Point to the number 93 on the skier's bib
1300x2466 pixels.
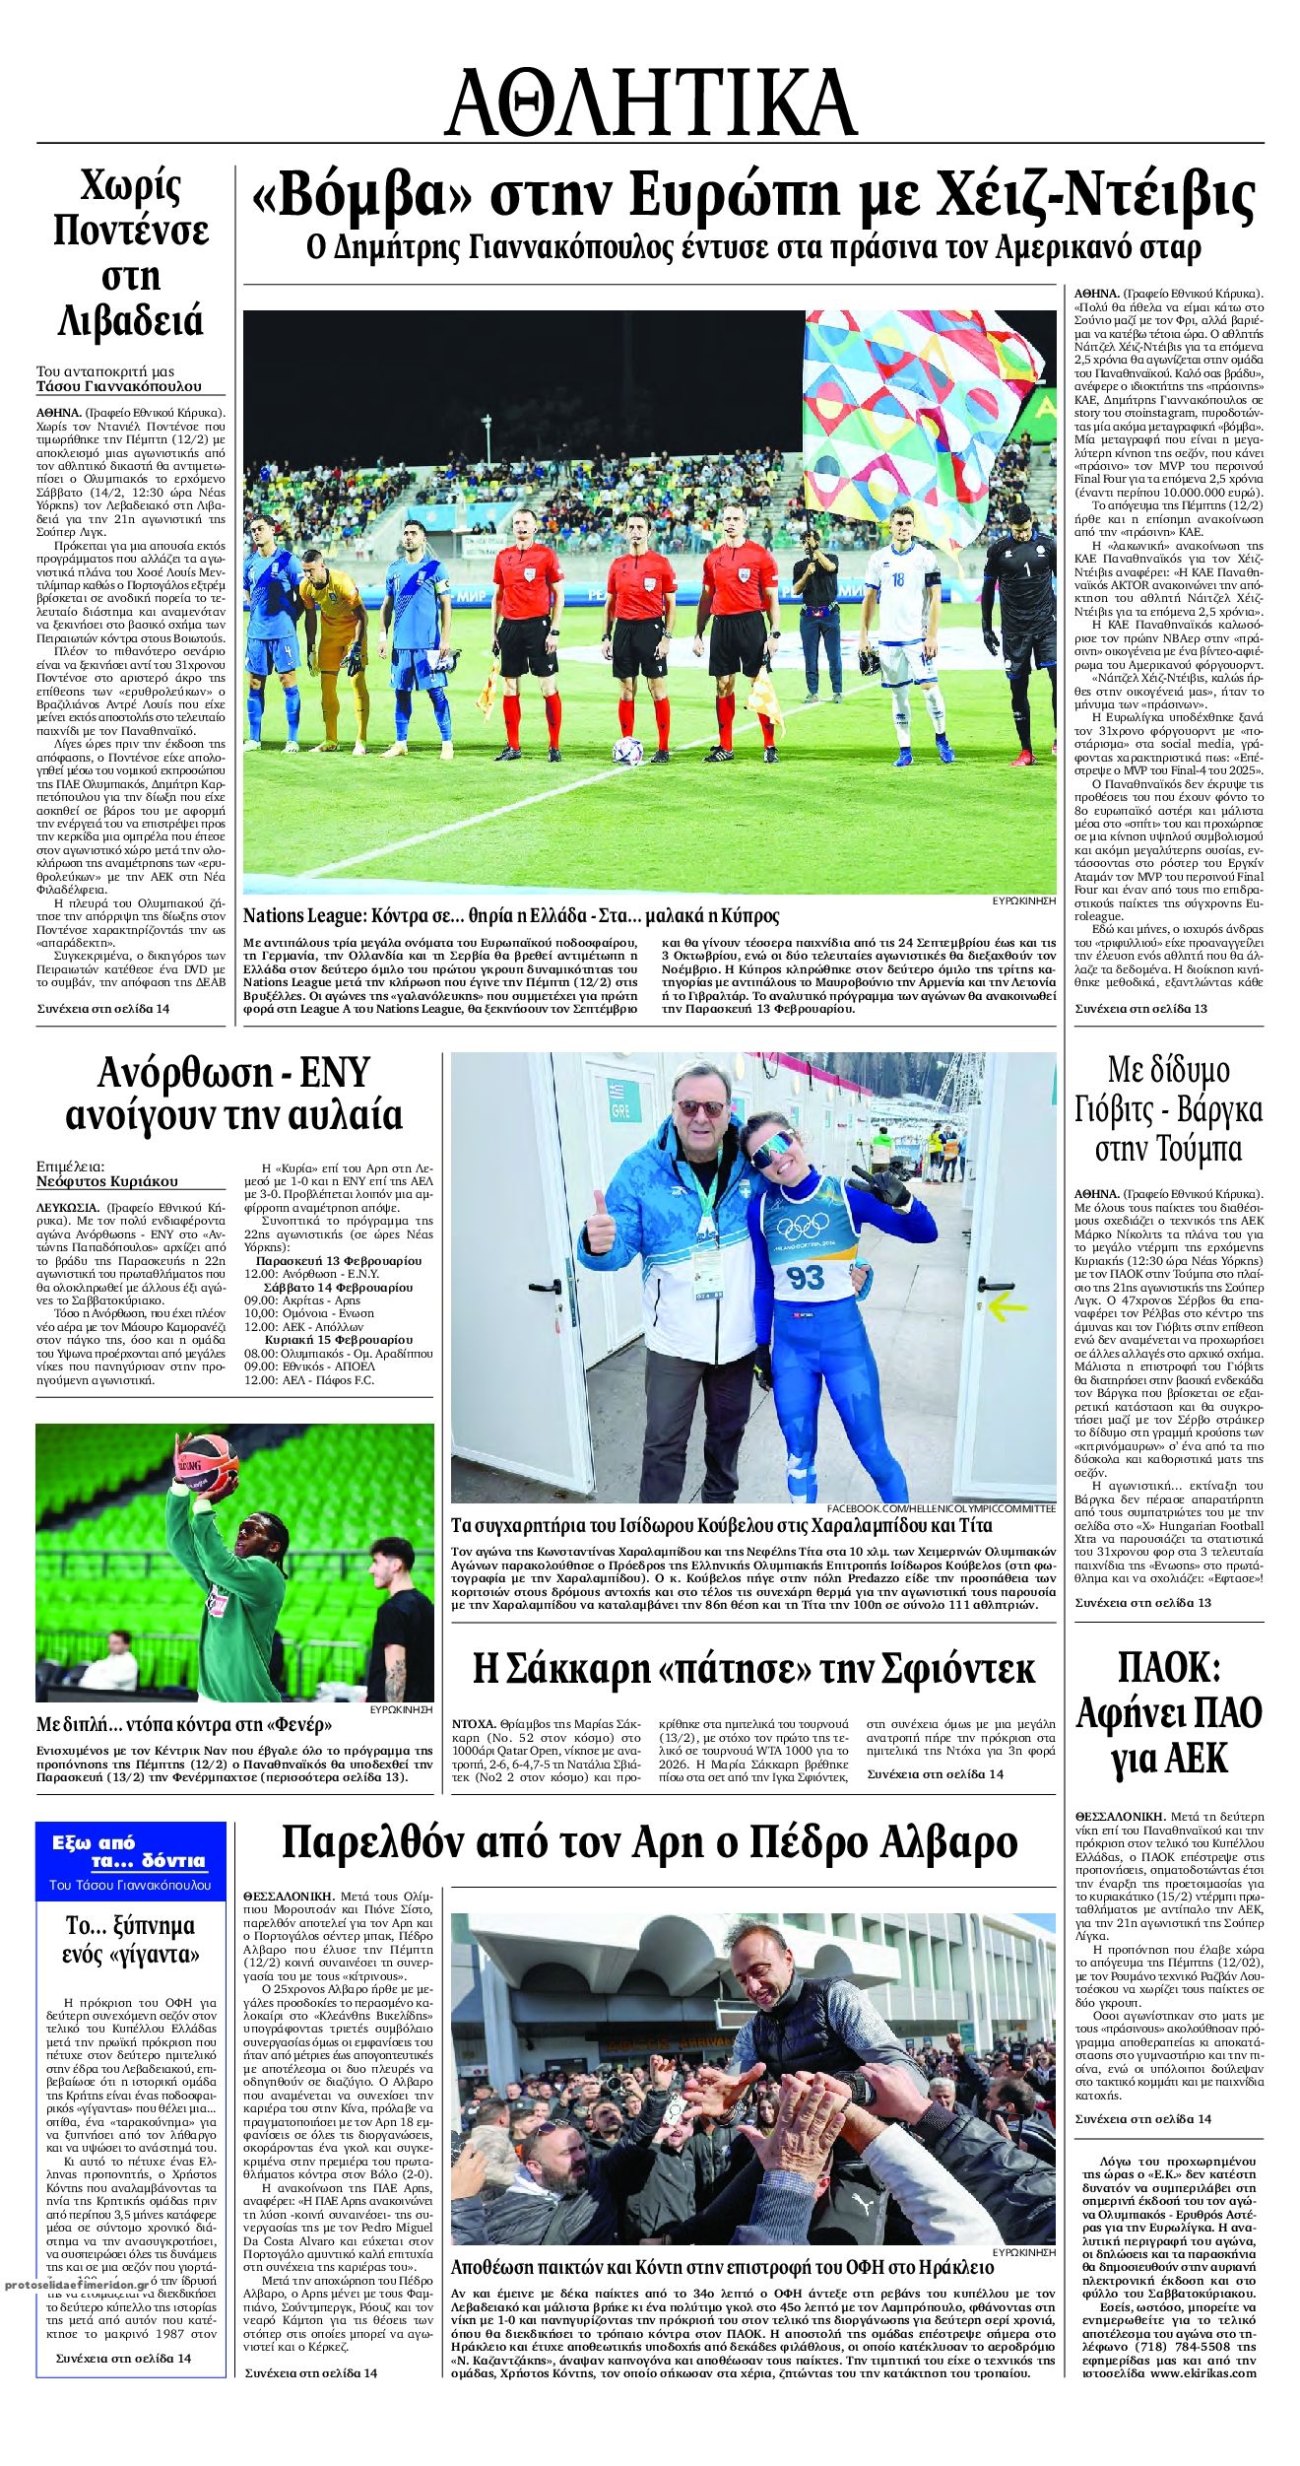click(x=805, y=1277)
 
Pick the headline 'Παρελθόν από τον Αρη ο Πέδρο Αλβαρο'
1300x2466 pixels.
click(x=650, y=1840)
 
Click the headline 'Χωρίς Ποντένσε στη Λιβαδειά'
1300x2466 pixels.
click(x=130, y=253)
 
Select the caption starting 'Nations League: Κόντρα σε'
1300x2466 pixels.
click(x=511, y=915)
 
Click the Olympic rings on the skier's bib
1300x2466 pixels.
click(x=804, y=1228)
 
